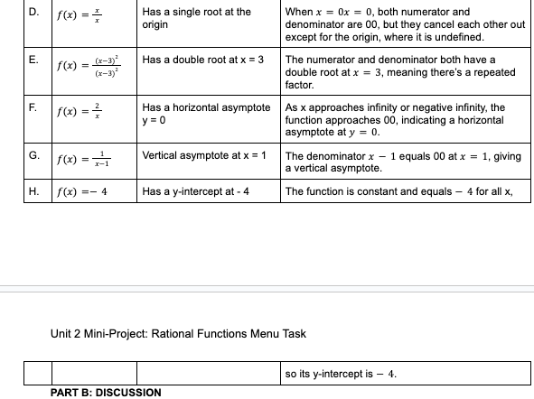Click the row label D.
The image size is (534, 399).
pyautogui.click(x=33, y=13)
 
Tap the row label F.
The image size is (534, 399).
pyautogui.click(x=33, y=107)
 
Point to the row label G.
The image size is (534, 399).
pyautogui.click(x=33, y=156)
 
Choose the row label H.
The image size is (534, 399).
pyautogui.click(x=33, y=191)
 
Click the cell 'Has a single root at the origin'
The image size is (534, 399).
pyautogui.click(x=196, y=18)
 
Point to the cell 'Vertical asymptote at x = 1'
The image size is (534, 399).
pyautogui.click(x=205, y=156)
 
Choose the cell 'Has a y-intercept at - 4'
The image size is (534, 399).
pyautogui.click(x=196, y=191)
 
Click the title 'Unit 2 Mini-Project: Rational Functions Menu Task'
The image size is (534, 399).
pyautogui.click(x=178, y=334)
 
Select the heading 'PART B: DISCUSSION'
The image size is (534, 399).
pyautogui.click(x=107, y=393)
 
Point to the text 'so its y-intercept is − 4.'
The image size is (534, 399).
pyautogui.click(x=340, y=373)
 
